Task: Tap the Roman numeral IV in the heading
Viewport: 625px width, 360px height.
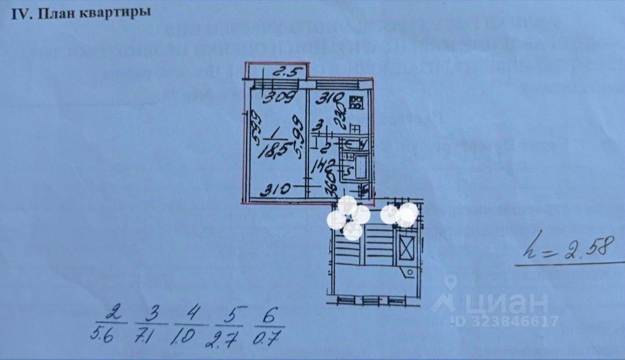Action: [21, 13]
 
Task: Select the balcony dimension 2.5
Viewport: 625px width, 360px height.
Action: [282, 74]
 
